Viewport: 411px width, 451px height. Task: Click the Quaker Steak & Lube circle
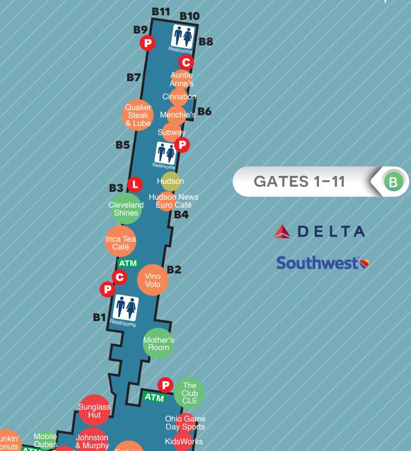pos(138,115)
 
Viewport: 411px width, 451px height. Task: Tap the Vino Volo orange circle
pos(153,280)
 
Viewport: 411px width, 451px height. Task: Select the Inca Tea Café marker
pos(121,243)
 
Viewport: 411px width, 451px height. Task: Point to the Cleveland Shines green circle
pos(126,208)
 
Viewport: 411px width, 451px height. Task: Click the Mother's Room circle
pos(158,343)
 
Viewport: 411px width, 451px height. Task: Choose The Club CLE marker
pos(189,393)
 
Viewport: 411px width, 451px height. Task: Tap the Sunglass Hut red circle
pos(94,410)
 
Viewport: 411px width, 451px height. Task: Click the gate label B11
pos(161,11)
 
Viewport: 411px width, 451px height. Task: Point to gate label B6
pos(204,111)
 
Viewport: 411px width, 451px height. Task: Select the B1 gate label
pos(99,317)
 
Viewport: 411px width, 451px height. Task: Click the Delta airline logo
pos(319,231)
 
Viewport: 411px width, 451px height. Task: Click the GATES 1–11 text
pos(299,182)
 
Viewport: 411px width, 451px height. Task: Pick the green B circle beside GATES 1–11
pos(393,182)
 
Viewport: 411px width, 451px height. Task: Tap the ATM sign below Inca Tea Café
pos(128,263)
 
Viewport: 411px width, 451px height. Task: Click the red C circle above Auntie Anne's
pos(186,62)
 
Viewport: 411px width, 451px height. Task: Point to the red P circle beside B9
pos(147,43)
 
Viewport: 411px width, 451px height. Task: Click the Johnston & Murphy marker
pos(92,441)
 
